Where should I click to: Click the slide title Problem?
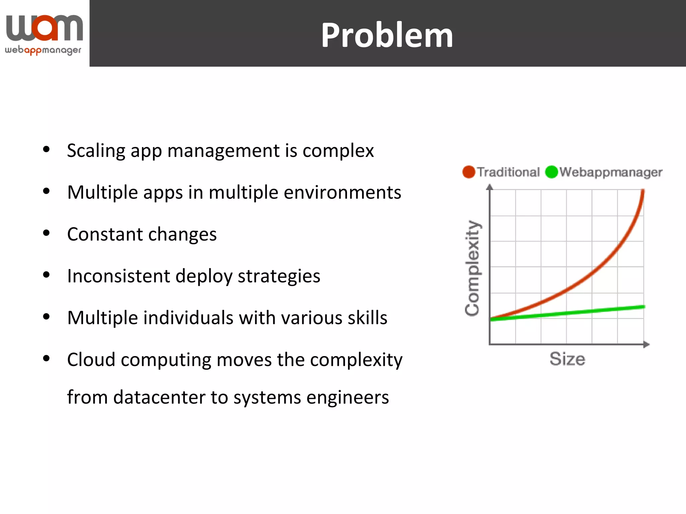point(387,35)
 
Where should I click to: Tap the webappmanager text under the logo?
point(43,51)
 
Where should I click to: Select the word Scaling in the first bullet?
point(96,151)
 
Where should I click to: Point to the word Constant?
point(105,234)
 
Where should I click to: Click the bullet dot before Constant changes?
point(47,233)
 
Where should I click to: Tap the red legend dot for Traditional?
point(469,172)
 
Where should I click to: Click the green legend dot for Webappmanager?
point(551,172)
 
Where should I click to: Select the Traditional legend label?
point(508,172)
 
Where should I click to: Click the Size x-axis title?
point(567,359)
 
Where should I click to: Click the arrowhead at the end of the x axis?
point(647,344)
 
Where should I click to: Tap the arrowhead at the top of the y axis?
point(490,187)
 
